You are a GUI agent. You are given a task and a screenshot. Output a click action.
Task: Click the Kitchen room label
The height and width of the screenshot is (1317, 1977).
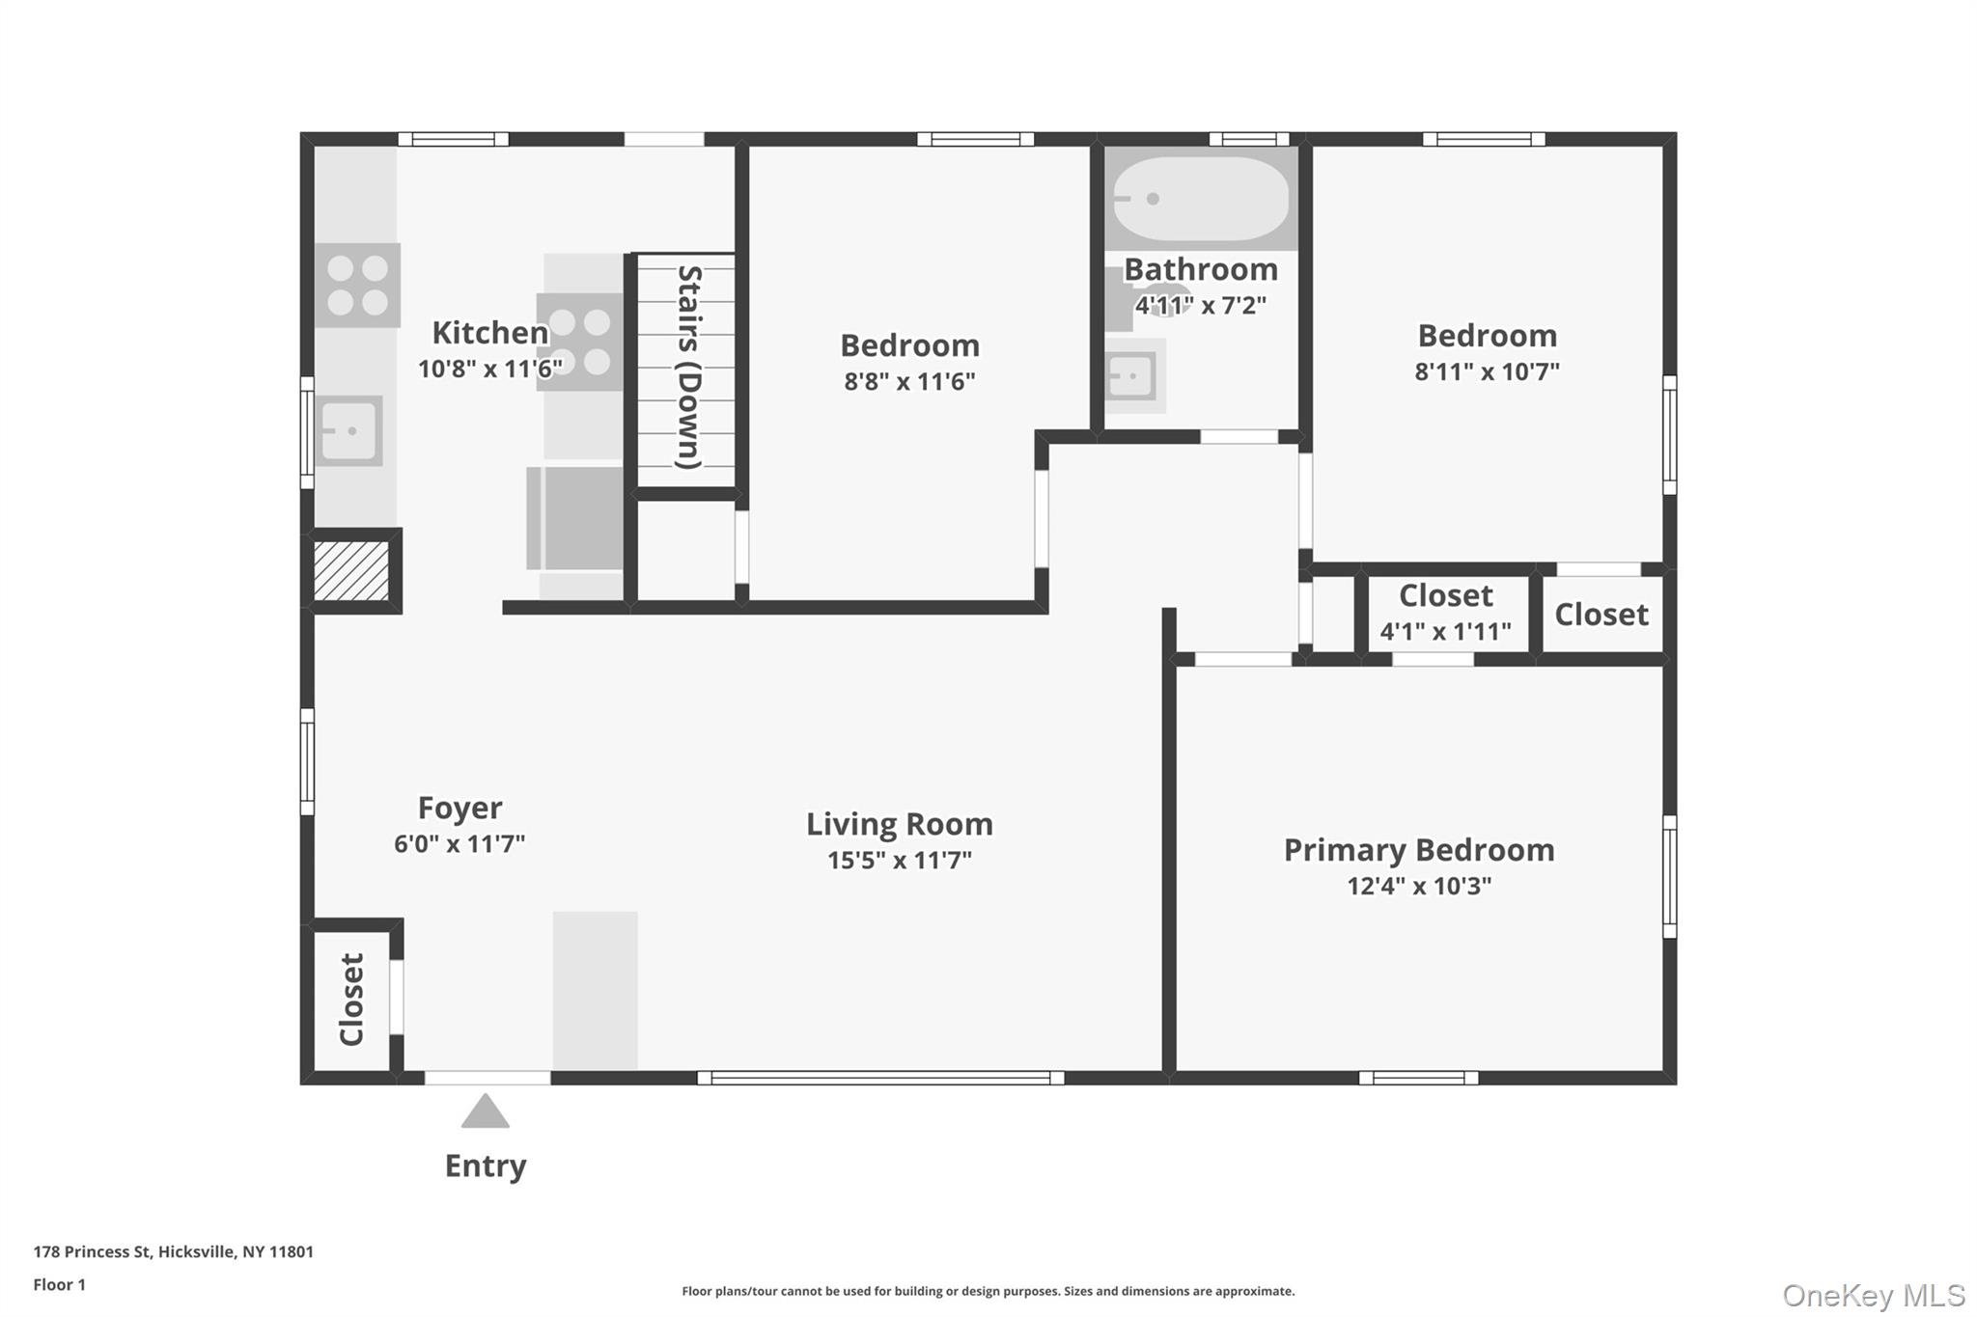tap(489, 333)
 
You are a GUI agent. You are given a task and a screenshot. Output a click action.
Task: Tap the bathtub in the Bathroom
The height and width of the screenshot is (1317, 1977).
tap(1200, 199)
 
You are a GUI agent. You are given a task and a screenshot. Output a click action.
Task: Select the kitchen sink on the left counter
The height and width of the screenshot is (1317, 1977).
tap(348, 430)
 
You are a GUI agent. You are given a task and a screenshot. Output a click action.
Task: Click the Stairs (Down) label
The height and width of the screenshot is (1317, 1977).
tap(688, 368)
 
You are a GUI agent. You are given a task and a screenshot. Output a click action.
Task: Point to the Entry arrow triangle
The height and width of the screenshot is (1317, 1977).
tap(485, 1112)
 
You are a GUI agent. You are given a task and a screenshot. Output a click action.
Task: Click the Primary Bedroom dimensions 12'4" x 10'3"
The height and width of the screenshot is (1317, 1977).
tap(1419, 886)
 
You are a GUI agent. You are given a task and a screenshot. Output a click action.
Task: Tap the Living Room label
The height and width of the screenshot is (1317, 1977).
tap(899, 824)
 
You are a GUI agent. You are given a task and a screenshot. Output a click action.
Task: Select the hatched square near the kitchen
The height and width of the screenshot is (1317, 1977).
tap(350, 570)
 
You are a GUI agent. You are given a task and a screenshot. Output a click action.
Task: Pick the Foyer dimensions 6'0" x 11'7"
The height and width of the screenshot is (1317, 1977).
tap(459, 844)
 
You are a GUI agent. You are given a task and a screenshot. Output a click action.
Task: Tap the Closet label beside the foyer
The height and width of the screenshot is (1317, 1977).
tap(351, 999)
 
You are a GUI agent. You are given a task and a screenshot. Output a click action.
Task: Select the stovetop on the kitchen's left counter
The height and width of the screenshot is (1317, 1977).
tap(357, 286)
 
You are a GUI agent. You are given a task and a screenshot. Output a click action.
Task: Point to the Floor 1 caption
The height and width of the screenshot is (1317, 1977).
tap(59, 1284)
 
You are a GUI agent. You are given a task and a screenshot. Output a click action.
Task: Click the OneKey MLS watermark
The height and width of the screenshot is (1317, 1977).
tap(1873, 1295)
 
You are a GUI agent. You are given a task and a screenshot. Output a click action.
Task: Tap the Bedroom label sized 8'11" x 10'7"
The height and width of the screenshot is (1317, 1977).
tap(1487, 336)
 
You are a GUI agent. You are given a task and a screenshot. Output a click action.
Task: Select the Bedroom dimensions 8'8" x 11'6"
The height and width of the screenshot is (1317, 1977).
tap(909, 381)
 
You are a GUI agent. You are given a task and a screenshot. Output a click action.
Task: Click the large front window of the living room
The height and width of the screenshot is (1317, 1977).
tap(880, 1078)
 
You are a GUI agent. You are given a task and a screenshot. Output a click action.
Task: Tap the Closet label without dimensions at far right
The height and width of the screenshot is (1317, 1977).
tap(1601, 615)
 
